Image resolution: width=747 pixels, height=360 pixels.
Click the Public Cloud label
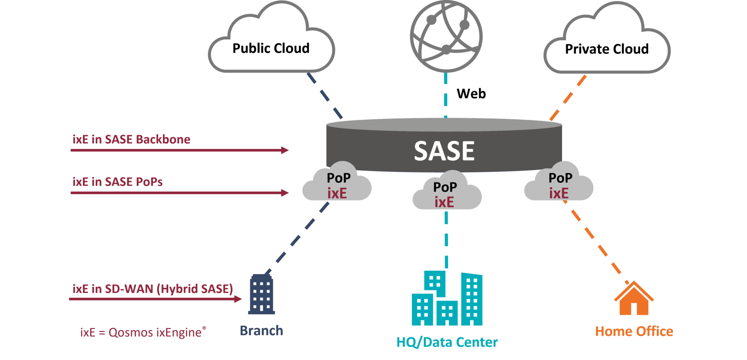[x=271, y=48]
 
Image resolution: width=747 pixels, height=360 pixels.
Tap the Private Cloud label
[x=607, y=49]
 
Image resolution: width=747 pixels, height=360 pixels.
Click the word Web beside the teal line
[x=471, y=94]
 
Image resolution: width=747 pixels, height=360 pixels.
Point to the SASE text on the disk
[x=444, y=151]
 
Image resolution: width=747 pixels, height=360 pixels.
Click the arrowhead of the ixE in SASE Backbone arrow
[x=285, y=150]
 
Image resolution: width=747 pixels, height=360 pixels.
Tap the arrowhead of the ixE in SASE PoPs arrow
[x=285, y=193]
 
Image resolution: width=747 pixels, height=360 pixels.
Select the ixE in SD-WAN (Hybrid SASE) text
[x=152, y=289]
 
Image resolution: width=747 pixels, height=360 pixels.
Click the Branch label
[x=262, y=331]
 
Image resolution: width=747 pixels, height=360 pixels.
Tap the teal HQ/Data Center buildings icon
[x=447, y=299]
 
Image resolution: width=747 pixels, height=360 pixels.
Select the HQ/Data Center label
[x=447, y=342]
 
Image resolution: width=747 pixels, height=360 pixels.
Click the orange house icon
[x=634, y=299]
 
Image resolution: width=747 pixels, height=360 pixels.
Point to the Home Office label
[x=634, y=331]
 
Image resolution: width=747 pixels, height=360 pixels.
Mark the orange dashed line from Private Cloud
[x=568, y=98]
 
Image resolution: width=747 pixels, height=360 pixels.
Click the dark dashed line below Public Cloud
[x=325, y=96]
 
